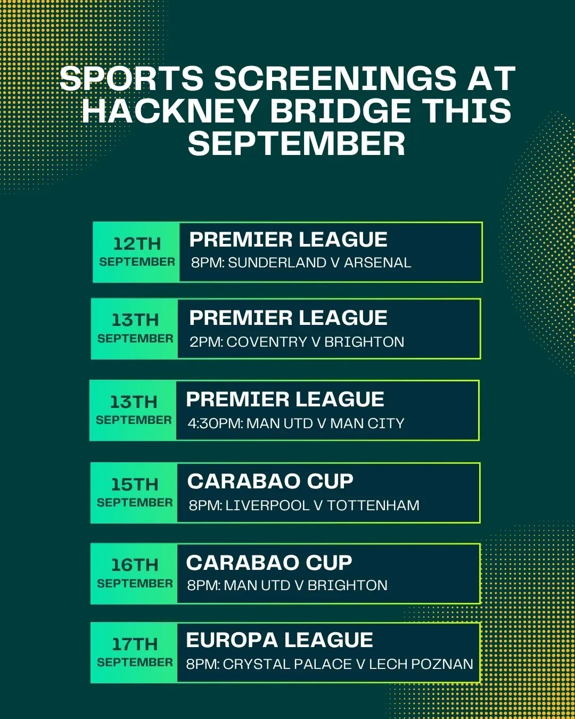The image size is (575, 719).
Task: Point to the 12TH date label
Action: click(137, 243)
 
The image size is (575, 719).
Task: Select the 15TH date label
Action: click(135, 485)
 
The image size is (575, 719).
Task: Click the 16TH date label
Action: click(135, 565)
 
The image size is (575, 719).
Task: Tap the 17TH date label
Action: click(135, 644)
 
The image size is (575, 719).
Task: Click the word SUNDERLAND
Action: click(277, 263)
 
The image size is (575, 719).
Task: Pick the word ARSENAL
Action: click(377, 263)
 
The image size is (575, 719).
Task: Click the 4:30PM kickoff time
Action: click(216, 423)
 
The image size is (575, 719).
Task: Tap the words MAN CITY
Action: click(367, 423)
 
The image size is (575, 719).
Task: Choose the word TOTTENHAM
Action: click(373, 505)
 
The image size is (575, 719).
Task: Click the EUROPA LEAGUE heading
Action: click(280, 640)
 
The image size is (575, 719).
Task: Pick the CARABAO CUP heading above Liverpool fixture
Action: click(270, 481)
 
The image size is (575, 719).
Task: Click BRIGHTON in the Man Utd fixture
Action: click(348, 585)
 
